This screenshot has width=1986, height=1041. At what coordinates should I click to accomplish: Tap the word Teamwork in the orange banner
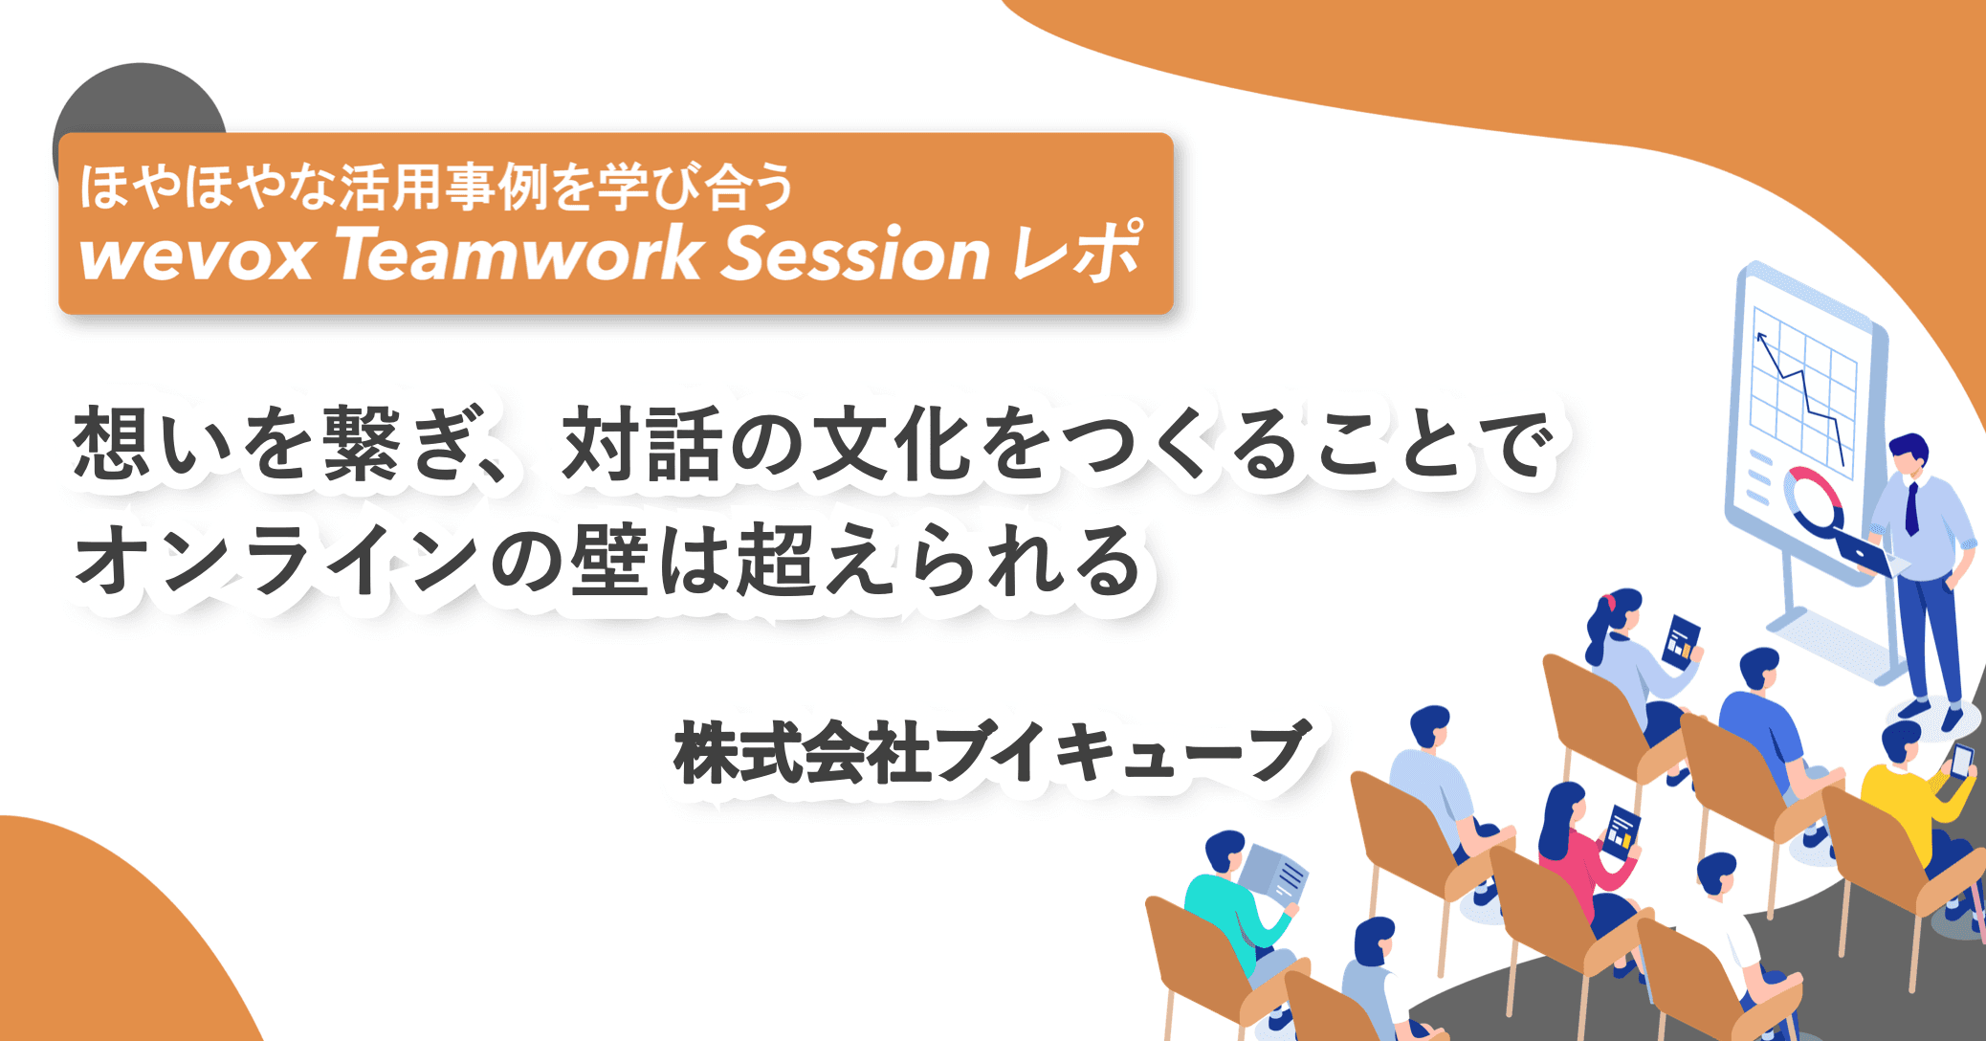tap(519, 255)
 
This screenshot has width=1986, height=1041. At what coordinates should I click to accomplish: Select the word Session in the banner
tap(854, 255)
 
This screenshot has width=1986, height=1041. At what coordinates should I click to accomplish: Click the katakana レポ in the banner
tap(1077, 253)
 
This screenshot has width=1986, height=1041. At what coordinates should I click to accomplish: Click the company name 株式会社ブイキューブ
tap(991, 753)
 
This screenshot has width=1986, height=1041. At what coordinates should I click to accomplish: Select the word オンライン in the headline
tap(277, 561)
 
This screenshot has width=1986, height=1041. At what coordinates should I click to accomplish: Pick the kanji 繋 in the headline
tap(361, 444)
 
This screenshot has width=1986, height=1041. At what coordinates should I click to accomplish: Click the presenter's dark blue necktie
tap(1910, 508)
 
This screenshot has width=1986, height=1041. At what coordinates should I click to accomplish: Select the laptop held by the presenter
tap(1865, 554)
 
